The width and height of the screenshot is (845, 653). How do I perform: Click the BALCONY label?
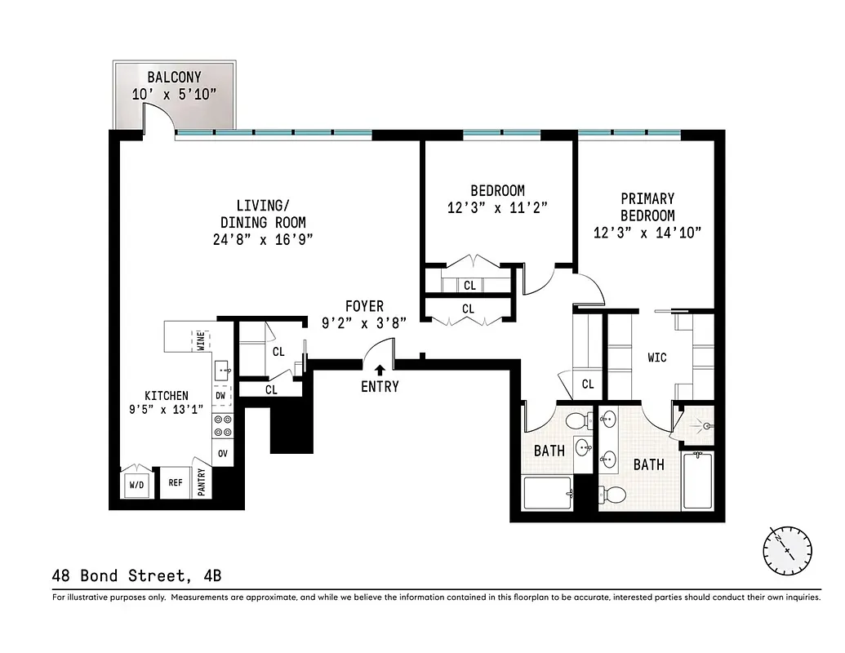[174, 78]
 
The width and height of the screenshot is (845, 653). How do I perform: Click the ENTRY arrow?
[379, 371]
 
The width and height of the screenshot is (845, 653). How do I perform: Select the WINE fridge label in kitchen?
[200, 339]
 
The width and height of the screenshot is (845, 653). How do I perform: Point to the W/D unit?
[136, 485]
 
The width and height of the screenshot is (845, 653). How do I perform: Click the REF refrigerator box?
[175, 482]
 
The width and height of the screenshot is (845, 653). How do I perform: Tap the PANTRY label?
[202, 481]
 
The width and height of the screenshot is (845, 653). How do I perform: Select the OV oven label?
[222, 453]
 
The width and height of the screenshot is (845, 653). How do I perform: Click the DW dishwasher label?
[220, 396]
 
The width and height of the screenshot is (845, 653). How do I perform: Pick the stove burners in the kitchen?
[222, 424]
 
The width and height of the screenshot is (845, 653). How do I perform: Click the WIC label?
[656, 358]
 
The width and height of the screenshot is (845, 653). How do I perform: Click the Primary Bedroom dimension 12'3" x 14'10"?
[647, 233]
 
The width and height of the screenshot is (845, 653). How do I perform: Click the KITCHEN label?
[167, 395]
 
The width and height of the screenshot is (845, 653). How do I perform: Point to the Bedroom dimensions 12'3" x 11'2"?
[496, 207]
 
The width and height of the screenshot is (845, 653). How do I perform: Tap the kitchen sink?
[223, 371]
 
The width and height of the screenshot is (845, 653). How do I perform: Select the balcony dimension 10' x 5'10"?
[174, 94]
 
